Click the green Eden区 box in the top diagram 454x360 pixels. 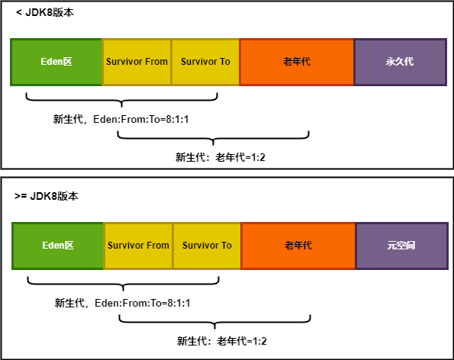tap(56, 61)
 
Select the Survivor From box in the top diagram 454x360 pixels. tap(137, 61)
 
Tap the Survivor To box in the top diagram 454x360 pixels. tap(205, 61)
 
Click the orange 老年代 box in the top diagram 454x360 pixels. tap(297, 61)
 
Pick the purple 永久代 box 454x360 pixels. tap(400, 61)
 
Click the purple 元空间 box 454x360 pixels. tap(401, 246)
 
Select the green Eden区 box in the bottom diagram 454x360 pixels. tap(57, 246)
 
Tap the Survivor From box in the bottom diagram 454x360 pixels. tap(138, 246)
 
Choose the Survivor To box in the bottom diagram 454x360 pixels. tap(207, 246)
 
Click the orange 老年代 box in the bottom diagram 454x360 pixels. tap(298, 246)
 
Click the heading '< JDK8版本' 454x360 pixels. tap(46, 13)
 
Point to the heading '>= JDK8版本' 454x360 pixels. tap(47, 196)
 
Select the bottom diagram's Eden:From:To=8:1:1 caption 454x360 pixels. tap(122, 304)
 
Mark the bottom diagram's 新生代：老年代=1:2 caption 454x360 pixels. tap(221, 341)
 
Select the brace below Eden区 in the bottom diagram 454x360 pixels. tap(124, 284)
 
